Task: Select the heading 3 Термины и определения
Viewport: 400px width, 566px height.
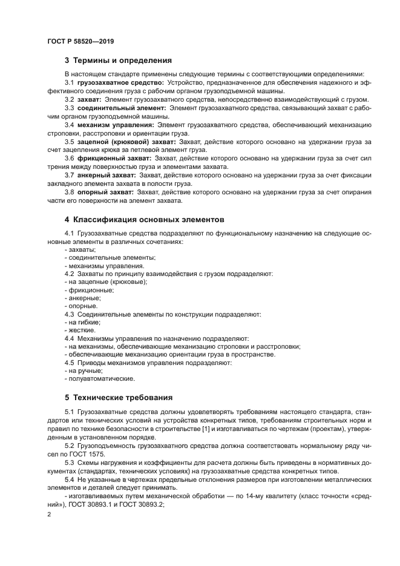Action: click(118, 61)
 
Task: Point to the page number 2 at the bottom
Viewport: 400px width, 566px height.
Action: click(49, 514)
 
